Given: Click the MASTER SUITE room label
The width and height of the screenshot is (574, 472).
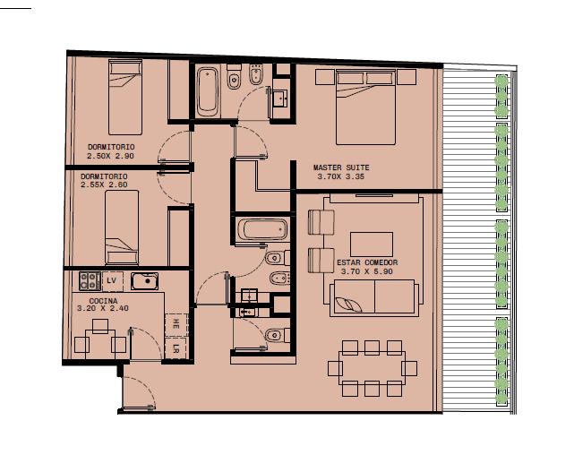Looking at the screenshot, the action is (341, 167).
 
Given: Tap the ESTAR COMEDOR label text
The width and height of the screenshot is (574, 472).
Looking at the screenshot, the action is (367, 262).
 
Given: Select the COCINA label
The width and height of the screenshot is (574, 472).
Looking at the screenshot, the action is (103, 301).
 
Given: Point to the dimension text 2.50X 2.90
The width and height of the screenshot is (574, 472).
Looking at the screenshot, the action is (110, 156).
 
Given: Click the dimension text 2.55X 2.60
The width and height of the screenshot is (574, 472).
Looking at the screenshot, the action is (104, 185).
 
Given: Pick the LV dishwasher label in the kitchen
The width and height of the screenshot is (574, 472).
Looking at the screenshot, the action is (111, 280).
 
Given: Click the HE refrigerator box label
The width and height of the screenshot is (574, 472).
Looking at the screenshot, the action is (176, 323).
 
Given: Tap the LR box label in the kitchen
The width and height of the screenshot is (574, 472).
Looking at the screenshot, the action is (176, 348).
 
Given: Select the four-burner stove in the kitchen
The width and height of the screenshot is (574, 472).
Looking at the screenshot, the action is (90, 281).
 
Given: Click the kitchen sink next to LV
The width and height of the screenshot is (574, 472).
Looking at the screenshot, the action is (144, 281).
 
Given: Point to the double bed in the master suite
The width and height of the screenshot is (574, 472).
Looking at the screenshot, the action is (365, 107).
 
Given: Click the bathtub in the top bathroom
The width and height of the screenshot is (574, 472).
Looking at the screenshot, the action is (207, 91).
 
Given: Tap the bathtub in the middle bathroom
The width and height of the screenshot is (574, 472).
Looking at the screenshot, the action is (262, 229).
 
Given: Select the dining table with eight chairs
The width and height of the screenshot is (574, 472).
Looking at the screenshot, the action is (372, 368).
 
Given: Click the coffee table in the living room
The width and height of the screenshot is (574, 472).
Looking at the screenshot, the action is (372, 245).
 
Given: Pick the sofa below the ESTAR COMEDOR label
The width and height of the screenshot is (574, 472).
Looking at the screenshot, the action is (374, 297).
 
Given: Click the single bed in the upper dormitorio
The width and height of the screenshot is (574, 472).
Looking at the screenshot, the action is (125, 98).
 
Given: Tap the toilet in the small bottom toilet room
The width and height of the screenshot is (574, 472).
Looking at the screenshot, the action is (277, 335).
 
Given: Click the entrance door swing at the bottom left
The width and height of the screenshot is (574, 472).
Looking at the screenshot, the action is (139, 391).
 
